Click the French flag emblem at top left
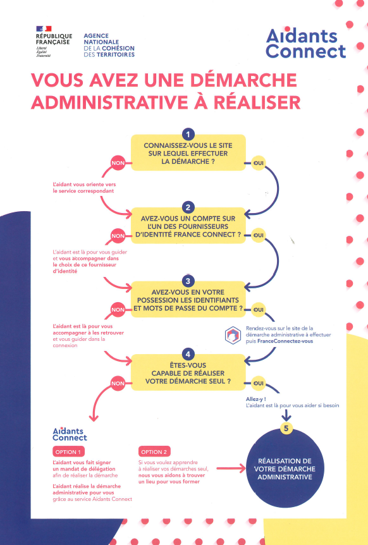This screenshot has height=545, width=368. click(x=44, y=28)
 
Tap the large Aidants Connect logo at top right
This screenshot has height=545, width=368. click(x=306, y=43)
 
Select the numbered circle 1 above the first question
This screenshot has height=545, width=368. click(x=188, y=135)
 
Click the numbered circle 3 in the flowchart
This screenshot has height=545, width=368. click(x=188, y=281)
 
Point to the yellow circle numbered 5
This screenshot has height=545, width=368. click(x=286, y=428)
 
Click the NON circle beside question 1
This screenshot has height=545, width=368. click(x=118, y=163)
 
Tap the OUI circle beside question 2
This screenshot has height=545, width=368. click(x=258, y=235)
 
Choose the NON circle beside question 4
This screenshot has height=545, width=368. click(x=118, y=383)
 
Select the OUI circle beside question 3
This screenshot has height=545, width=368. click(x=258, y=310)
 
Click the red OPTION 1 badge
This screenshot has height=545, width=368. click(x=68, y=452)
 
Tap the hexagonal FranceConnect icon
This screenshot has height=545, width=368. click(x=233, y=336)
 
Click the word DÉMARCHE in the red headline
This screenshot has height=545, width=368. click(x=243, y=80)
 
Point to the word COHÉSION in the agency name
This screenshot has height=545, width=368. click(x=118, y=48)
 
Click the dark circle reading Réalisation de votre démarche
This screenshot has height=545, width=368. click(x=285, y=468)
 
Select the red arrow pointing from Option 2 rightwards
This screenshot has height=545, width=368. click(x=231, y=468)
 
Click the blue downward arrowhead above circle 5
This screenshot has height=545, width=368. click(x=286, y=415)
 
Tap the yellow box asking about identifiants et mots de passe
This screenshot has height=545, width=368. click(x=188, y=300)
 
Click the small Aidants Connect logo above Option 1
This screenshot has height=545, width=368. click(x=70, y=434)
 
